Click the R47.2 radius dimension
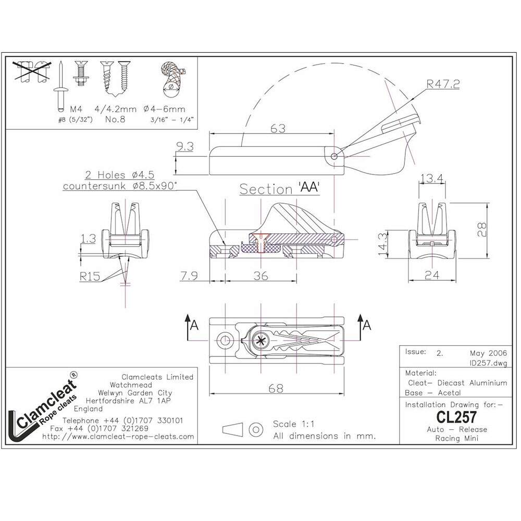click(443, 84)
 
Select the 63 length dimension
click(278, 128)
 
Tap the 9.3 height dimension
click(185, 146)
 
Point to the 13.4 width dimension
click(431, 178)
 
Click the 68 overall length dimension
click(276, 388)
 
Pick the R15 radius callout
click(90, 276)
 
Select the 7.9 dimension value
click(189, 276)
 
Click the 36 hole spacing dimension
click(261, 276)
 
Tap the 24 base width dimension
click(431, 275)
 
